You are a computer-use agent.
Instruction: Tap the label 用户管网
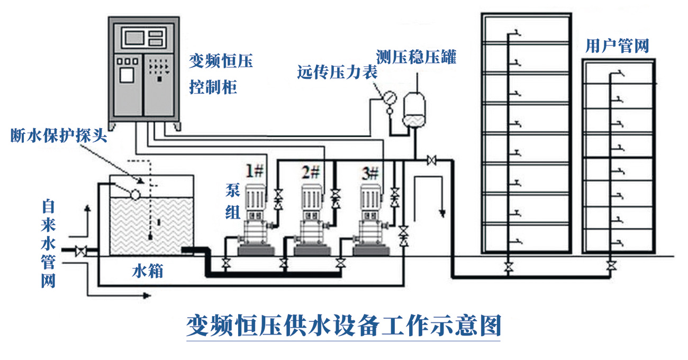pyautogui.click(x=617, y=46)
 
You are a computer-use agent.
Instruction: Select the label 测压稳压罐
pyautogui.click(x=416, y=57)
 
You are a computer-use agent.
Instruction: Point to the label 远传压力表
pyautogui.click(x=337, y=73)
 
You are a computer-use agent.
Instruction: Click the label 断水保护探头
pyautogui.click(x=59, y=136)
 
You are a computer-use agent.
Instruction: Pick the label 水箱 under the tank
pyautogui.click(x=147, y=272)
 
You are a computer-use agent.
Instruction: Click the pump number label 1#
pyautogui.click(x=254, y=171)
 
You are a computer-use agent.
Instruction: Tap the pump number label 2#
pyautogui.click(x=311, y=171)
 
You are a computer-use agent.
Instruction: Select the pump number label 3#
pyautogui.click(x=370, y=171)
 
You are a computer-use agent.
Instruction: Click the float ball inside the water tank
pyautogui.click(x=134, y=194)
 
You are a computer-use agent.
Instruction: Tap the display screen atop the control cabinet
pyautogui.click(x=134, y=37)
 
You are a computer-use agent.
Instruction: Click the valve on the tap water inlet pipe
pyautogui.click(x=80, y=250)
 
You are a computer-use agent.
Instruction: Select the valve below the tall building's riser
pyautogui.click(x=509, y=266)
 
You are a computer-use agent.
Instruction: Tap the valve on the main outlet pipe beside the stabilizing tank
pyautogui.click(x=431, y=159)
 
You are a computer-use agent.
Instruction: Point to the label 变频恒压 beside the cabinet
pyautogui.click(x=221, y=62)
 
